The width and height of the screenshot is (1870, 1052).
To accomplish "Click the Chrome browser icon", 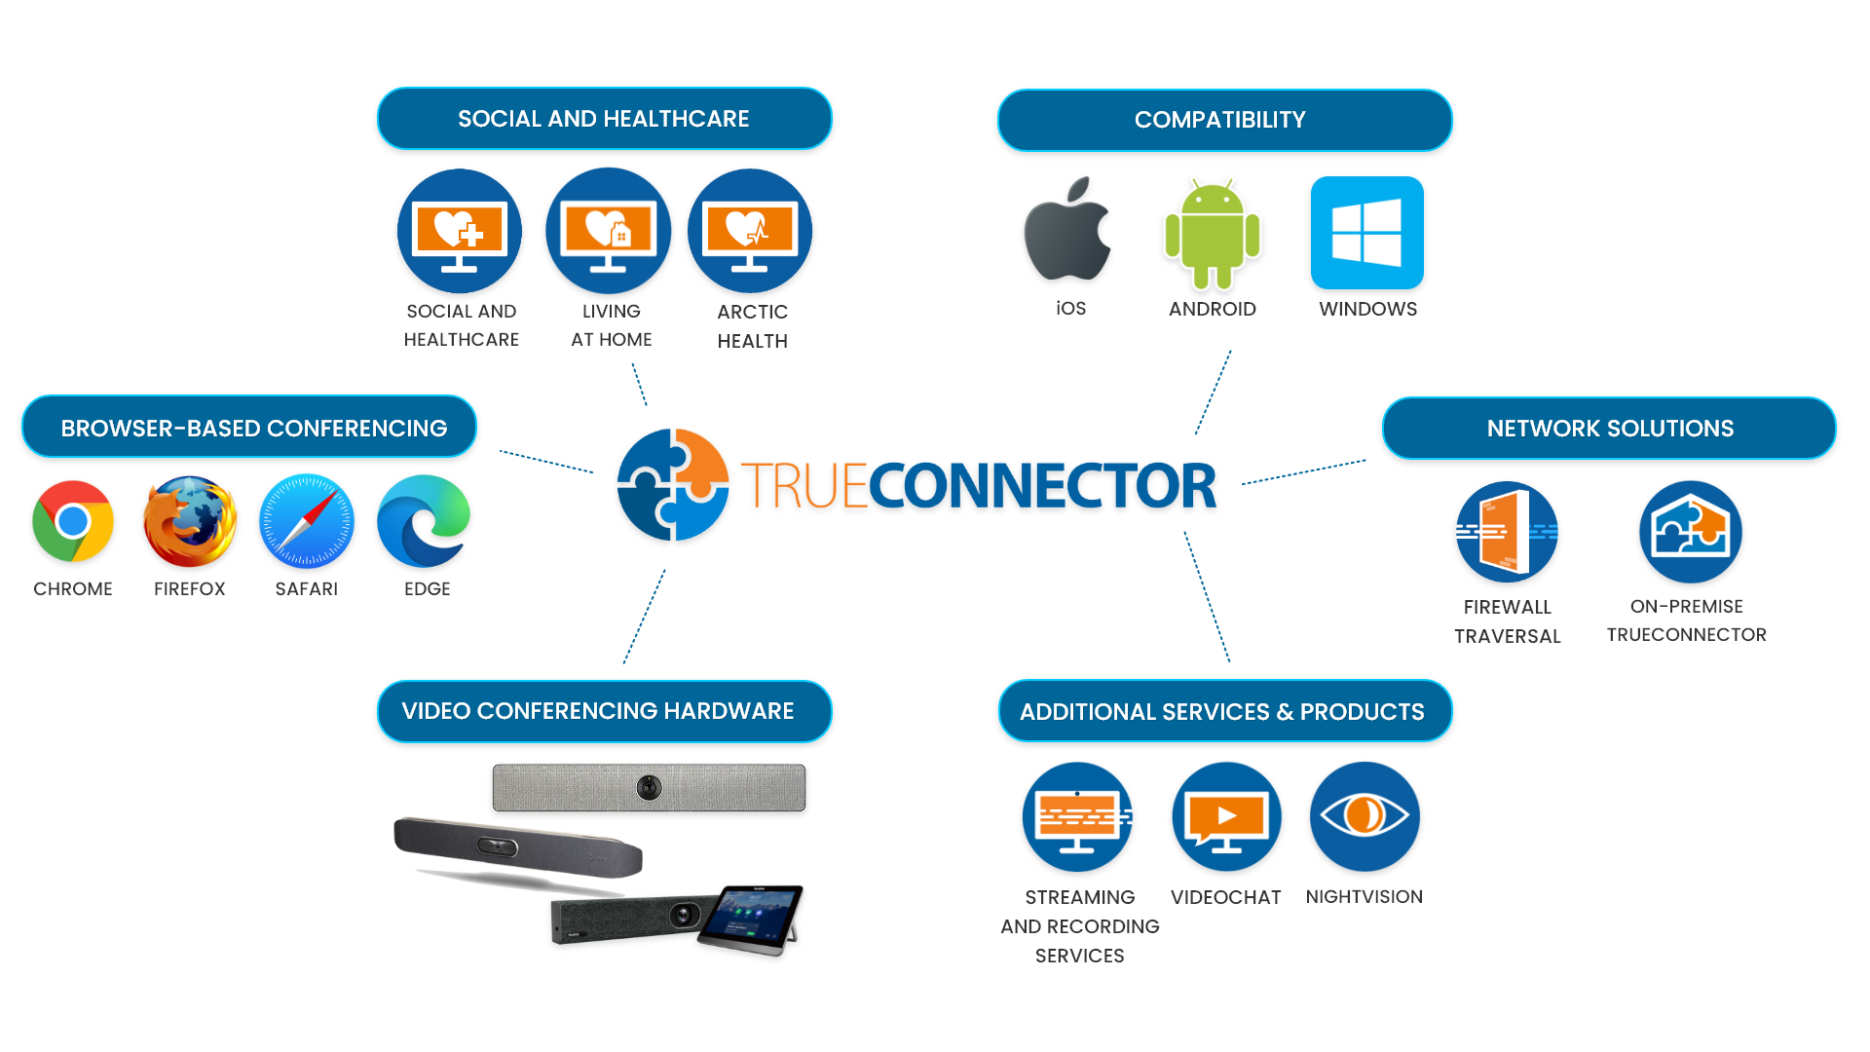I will [x=73, y=521].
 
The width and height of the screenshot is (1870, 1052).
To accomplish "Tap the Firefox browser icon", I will [x=190, y=521].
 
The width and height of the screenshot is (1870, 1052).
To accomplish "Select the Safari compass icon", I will [x=307, y=521].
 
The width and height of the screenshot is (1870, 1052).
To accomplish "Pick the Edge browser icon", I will [x=424, y=521].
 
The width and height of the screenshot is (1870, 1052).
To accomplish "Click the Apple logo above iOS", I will [x=1067, y=231].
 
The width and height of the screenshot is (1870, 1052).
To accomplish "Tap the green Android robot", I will [x=1213, y=234].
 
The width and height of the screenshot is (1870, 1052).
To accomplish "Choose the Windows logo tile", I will [x=1366, y=233].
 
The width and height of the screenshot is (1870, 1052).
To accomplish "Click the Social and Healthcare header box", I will [x=604, y=119].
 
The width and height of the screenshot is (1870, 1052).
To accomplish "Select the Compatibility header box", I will [x=1224, y=120].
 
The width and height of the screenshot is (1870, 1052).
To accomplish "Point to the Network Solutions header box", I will [x=1609, y=428].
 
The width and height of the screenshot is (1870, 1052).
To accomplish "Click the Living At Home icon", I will [x=609, y=231].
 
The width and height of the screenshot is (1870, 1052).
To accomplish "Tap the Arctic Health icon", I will [x=750, y=231].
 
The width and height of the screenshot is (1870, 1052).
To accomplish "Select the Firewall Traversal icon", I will [x=1507, y=532].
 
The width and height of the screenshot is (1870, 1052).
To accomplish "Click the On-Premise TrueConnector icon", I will [x=1690, y=532].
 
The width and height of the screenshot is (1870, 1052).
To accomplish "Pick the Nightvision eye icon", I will [x=1365, y=815].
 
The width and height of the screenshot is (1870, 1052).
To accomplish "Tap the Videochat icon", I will [x=1226, y=816].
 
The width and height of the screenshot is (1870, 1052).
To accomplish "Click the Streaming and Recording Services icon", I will [x=1078, y=816].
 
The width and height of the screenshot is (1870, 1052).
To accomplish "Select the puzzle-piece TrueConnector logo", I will [x=673, y=484].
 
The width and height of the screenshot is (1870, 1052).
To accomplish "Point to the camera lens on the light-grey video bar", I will [x=649, y=787].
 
